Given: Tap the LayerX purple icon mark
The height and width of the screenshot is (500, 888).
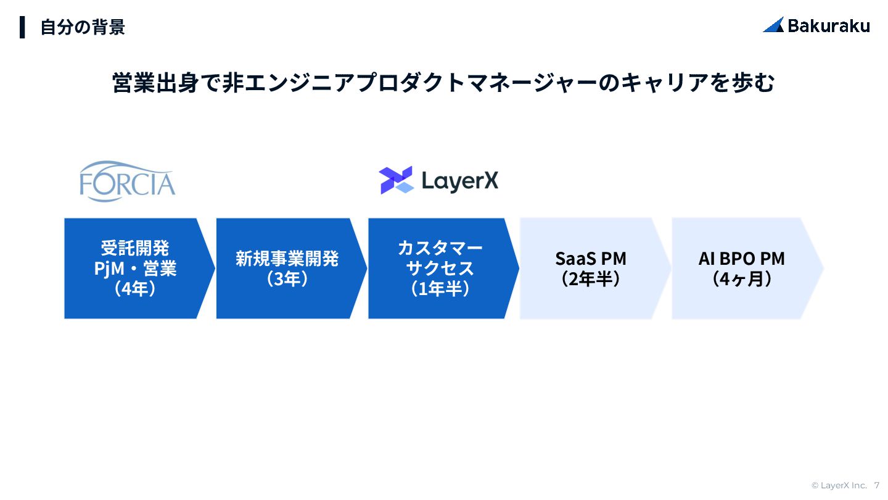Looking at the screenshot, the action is click(396, 180).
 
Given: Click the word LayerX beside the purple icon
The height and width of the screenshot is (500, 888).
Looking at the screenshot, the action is click(460, 181).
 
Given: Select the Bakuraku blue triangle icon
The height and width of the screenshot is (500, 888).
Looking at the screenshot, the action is click(773, 25).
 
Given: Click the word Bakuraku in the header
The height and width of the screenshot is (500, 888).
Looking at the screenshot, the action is click(829, 25).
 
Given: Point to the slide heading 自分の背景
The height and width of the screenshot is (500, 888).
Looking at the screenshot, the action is click(83, 27).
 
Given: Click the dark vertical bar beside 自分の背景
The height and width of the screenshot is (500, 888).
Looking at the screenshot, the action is click(22, 27).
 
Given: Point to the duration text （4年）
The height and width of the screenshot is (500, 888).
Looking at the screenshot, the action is click(135, 289).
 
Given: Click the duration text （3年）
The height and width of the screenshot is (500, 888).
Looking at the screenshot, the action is click(287, 279).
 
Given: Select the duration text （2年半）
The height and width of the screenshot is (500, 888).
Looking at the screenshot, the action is click(591, 279).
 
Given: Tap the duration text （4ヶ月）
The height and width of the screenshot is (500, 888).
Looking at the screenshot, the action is click(742, 279).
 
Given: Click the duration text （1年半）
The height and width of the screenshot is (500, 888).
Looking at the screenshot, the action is click(440, 289).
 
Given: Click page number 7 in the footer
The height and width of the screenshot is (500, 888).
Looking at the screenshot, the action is click(877, 485).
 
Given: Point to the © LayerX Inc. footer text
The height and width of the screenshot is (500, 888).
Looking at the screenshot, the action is click(839, 485).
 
